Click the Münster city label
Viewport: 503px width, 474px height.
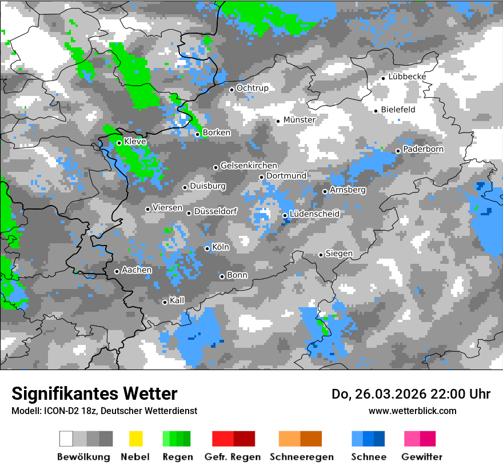(300, 120)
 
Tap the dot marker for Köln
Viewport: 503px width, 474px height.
(207, 248)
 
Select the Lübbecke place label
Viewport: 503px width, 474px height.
(407, 77)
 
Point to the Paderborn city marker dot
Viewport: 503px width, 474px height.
(398, 151)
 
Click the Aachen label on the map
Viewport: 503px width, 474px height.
(137, 270)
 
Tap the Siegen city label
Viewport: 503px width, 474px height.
(339, 254)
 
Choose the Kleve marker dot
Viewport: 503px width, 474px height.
(119, 143)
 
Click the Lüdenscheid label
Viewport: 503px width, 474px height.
(314, 214)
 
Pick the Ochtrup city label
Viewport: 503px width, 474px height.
(252, 88)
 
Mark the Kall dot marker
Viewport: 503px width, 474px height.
(165, 302)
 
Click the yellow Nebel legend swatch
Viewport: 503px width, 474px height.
(135, 439)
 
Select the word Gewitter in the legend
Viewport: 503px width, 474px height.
(422, 457)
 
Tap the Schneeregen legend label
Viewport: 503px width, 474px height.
(302, 457)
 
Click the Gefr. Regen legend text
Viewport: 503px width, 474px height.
(233, 457)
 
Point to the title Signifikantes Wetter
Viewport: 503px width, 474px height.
(94, 393)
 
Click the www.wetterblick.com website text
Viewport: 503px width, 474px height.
(413, 411)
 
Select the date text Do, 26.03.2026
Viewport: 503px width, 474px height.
(378, 394)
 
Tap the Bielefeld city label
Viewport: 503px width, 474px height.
(398, 110)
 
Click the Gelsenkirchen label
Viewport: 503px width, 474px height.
(249, 166)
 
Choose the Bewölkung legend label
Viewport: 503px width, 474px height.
(83, 457)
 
